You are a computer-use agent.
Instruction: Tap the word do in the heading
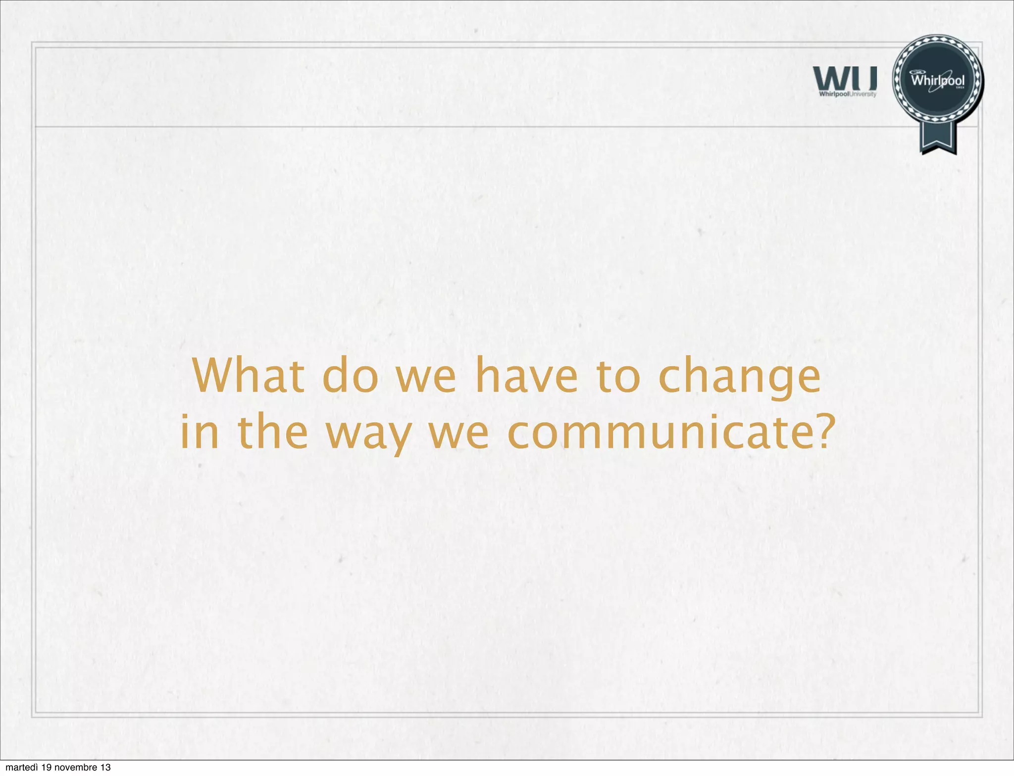[x=350, y=377]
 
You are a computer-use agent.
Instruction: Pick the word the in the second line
[x=273, y=432]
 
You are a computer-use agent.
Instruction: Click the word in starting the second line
[x=199, y=432]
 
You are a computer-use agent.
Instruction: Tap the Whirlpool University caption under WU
[x=848, y=94]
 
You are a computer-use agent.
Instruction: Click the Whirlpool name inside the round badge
[x=938, y=80]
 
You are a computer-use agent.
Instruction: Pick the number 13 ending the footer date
[x=105, y=768]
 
